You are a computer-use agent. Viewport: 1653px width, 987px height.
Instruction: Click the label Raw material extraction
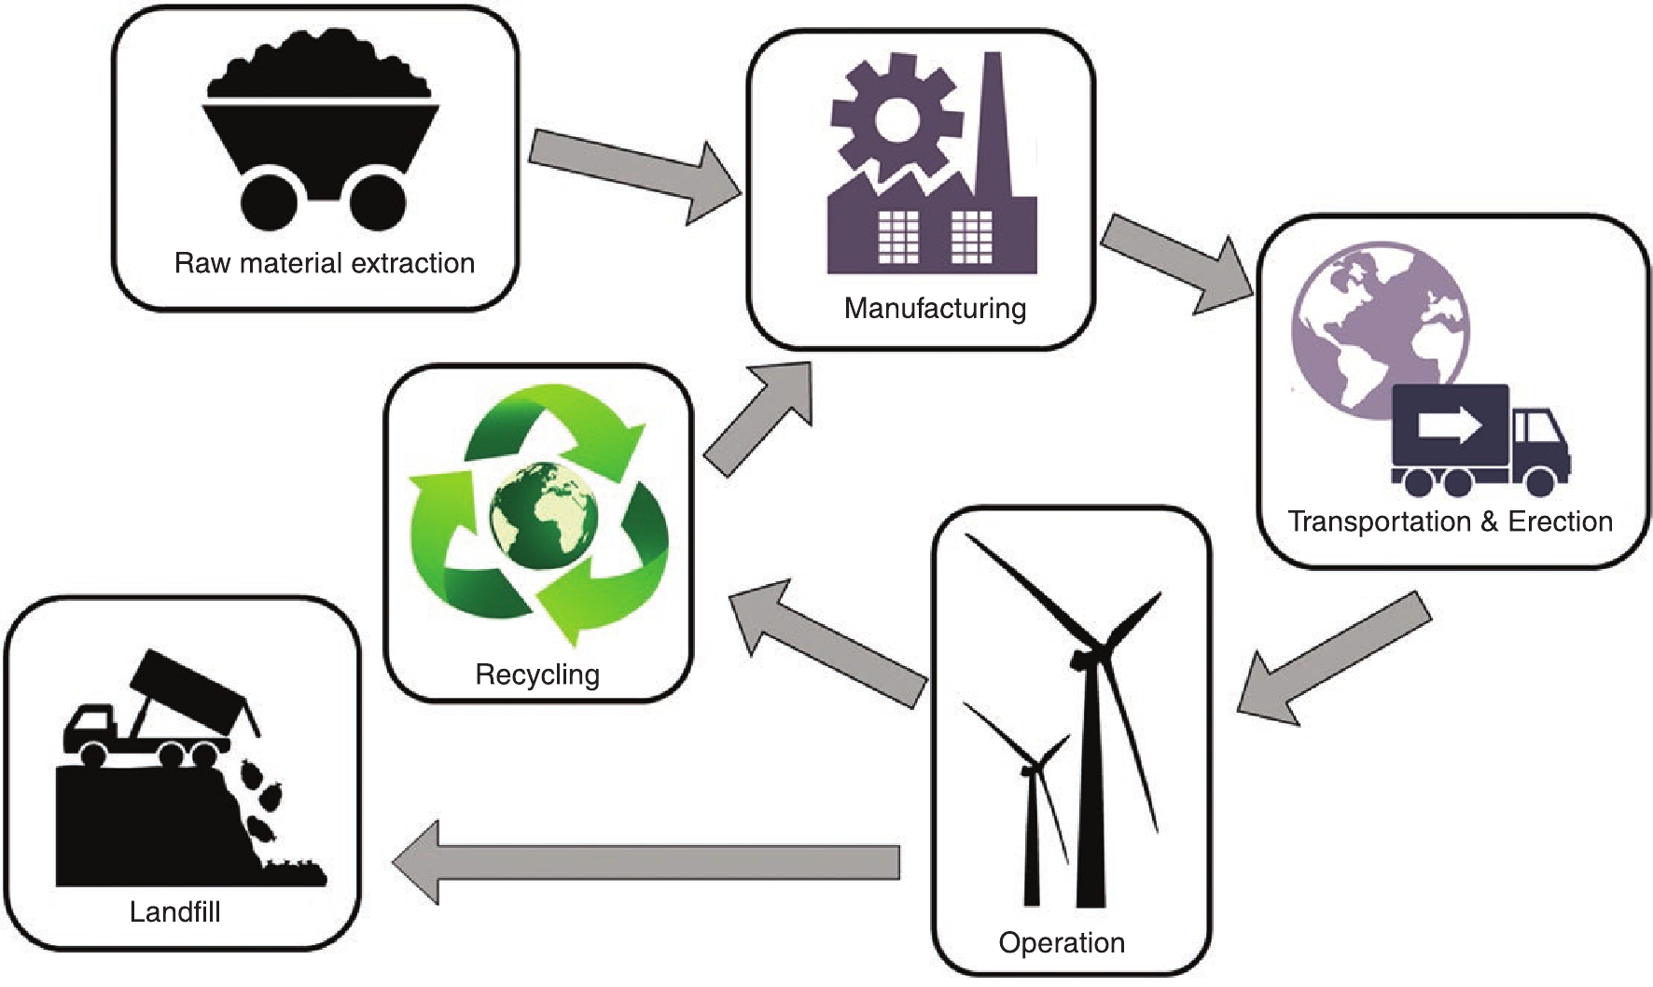(324, 263)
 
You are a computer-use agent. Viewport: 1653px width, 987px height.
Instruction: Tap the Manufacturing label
(935, 308)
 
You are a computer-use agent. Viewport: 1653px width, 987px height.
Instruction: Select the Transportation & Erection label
(1450, 521)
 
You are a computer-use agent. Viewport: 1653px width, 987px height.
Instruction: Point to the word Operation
(1062, 942)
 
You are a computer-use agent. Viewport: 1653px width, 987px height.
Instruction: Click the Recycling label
(537, 674)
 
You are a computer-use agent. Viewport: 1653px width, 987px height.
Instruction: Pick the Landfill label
(175, 911)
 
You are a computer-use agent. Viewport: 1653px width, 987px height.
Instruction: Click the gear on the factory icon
(896, 116)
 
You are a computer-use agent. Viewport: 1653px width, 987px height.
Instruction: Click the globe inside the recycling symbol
(543, 513)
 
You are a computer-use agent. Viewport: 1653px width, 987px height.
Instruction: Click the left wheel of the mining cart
(267, 201)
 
